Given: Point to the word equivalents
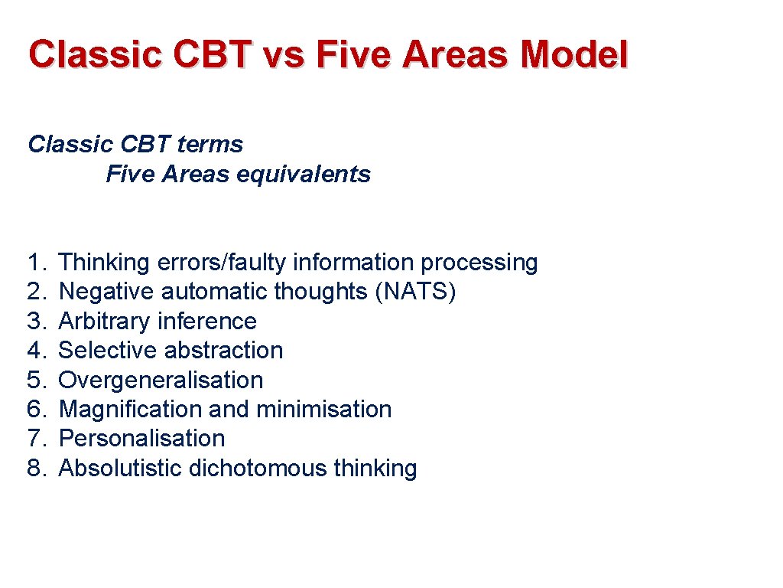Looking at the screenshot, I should coord(304,174).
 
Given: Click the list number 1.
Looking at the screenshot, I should coord(35,263).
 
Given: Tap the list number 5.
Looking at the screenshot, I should coord(36,380).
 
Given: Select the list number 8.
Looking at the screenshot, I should coord(36,468).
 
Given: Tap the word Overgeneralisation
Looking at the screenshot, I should coord(161,380).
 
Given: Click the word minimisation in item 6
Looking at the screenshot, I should coord(323,409).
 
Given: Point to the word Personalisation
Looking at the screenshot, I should coord(141,438).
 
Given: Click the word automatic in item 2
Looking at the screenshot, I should coord(223,292).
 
